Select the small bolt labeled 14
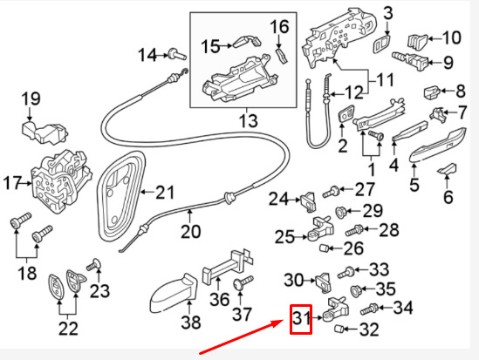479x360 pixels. pos(180,55)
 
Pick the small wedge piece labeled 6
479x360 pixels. pos(448,167)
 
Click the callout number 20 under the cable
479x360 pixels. pos(190,232)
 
